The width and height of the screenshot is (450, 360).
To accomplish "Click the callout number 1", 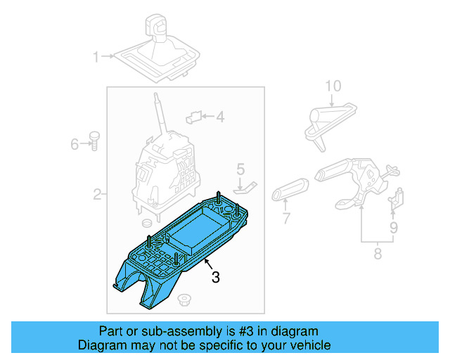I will pos(96,56).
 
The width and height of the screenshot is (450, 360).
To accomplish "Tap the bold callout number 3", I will pos(215,278).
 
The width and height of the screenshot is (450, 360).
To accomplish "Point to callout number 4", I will pos(219,117).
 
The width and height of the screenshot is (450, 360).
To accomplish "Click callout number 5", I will pos(240,169).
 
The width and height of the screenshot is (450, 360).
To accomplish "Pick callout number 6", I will pos(75,145).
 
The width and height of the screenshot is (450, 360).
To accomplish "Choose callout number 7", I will pos(286,219).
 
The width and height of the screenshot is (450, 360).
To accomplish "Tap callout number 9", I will pos(394,228).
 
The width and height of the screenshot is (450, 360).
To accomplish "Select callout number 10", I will pos(333,86).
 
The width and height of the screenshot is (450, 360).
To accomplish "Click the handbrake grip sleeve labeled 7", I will pos(290,191).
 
